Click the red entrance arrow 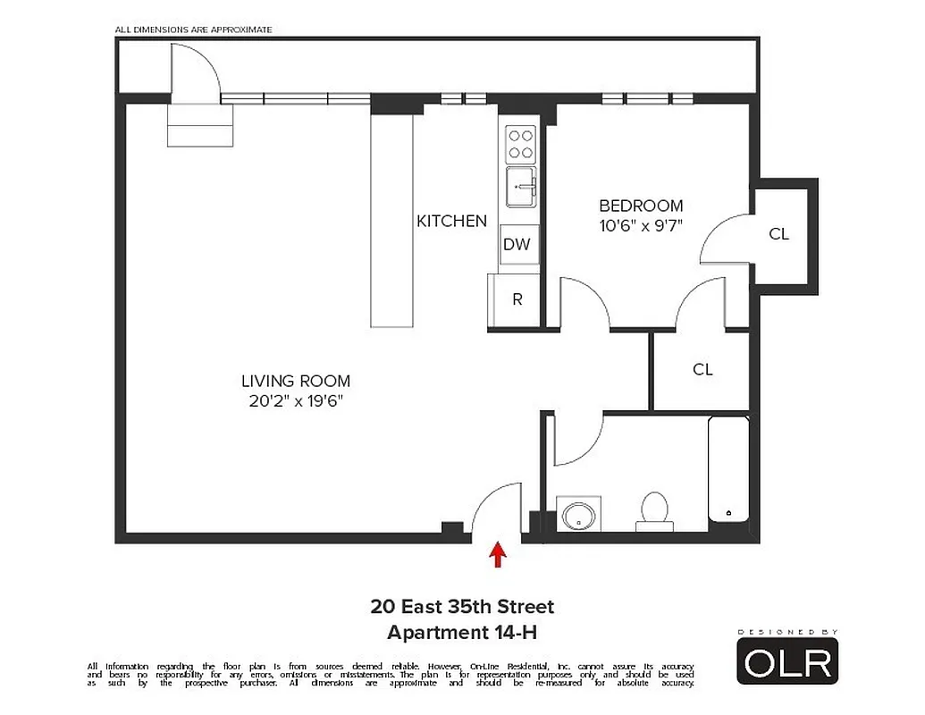tap(498, 555)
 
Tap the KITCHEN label tap(451, 221)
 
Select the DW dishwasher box tap(517, 244)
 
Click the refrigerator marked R tap(517, 300)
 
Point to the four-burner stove tap(520, 143)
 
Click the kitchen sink tap(520, 187)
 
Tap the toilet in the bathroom tap(654, 510)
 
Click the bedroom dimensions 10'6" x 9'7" tap(641, 225)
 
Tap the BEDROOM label tap(641, 206)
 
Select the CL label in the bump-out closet tap(778, 234)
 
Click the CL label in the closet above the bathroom tap(702, 369)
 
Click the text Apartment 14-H tap(462, 633)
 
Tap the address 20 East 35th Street tap(462, 607)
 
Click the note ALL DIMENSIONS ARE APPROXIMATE tap(193, 29)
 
